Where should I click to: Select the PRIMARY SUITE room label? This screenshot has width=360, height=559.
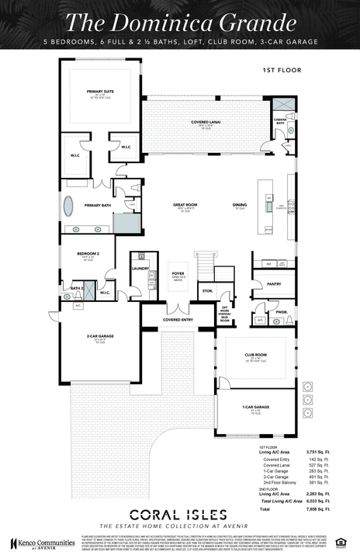(x=100, y=91)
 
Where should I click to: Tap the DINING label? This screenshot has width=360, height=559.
(x=240, y=205)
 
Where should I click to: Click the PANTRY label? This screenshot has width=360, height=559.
(x=274, y=284)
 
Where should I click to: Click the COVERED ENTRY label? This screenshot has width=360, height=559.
(x=178, y=319)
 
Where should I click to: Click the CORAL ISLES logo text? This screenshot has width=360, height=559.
(x=178, y=514)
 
